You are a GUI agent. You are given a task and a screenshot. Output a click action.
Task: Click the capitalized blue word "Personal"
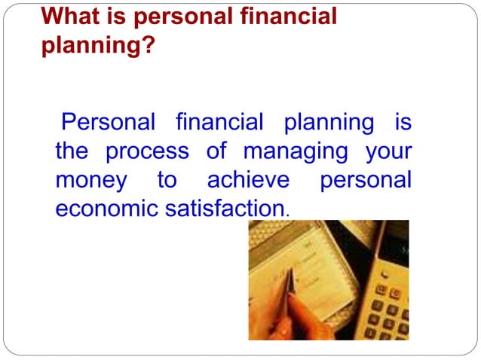click(108, 121)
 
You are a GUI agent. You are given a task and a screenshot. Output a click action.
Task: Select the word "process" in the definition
click(147, 151)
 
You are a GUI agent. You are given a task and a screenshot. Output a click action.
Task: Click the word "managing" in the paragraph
click(296, 152)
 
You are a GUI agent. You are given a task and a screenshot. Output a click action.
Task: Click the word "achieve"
click(247, 180)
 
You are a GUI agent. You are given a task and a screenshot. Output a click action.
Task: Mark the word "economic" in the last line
click(106, 209)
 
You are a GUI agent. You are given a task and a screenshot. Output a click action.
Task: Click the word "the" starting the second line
click(72, 151)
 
